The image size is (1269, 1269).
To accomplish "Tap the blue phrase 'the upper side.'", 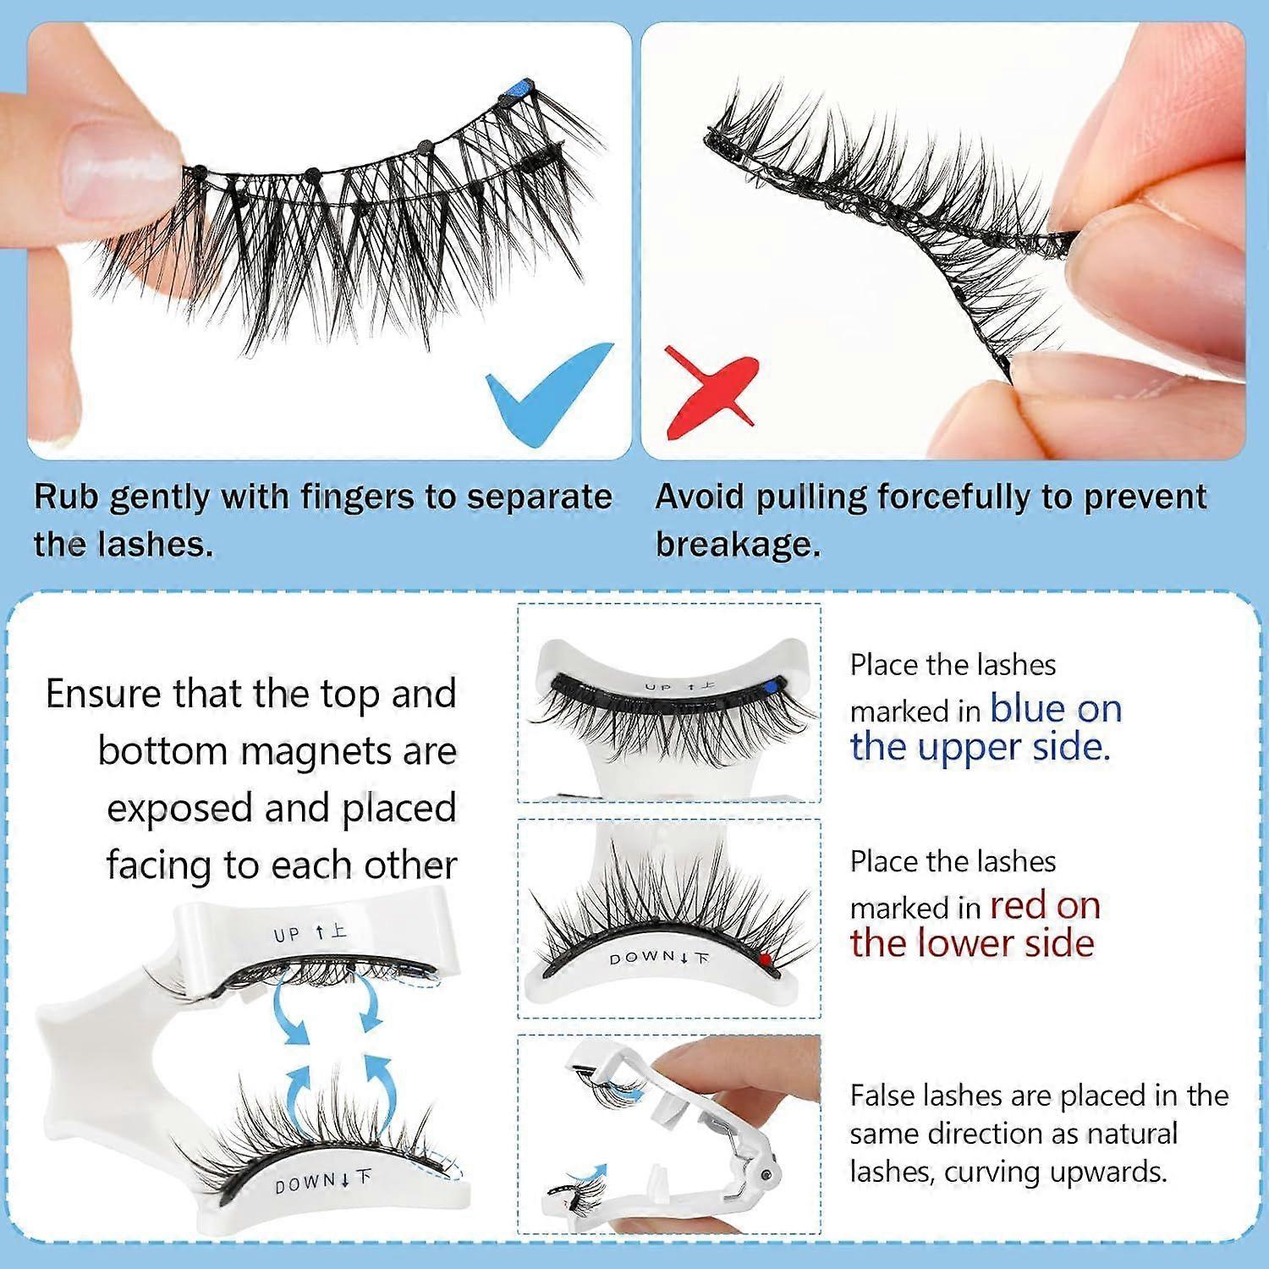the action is click(980, 747).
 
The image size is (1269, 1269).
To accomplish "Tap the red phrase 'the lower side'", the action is click(972, 943).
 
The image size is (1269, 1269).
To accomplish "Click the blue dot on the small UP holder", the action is click(768, 690).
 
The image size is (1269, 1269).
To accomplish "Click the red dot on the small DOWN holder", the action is click(765, 959).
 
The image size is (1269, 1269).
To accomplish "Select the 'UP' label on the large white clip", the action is click(286, 935).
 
